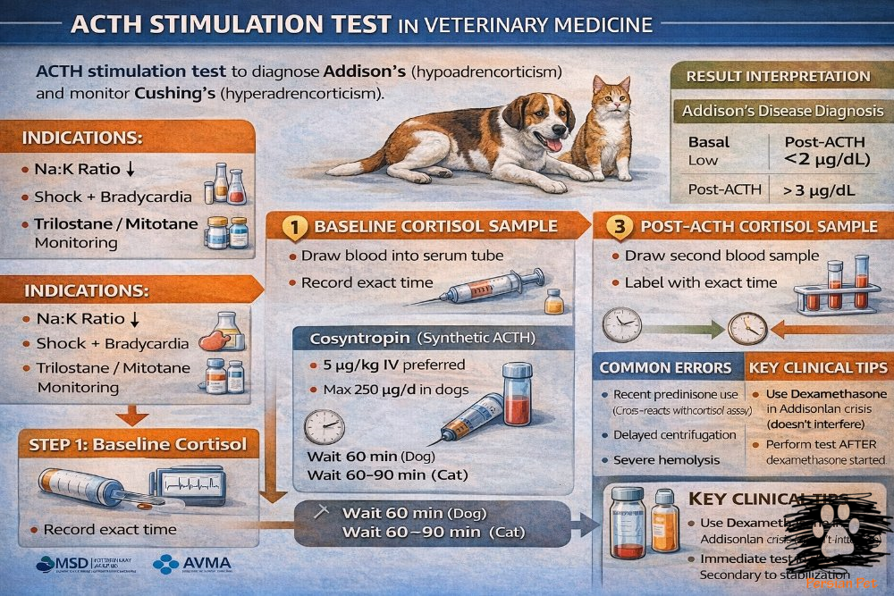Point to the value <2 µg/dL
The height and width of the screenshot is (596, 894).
pos(822,159)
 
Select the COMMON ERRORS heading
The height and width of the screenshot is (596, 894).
pos(665,367)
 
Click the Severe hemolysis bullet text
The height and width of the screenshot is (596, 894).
pos(667,459)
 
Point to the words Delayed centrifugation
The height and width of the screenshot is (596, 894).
pos(662,434)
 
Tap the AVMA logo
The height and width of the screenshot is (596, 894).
pos(193,564)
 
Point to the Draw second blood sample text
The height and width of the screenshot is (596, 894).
pos(721,256)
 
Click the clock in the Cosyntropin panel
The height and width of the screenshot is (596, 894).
pos(324,426)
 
